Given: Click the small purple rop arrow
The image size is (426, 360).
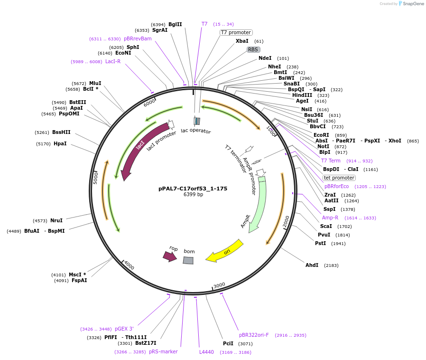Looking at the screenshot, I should tap(169, 256).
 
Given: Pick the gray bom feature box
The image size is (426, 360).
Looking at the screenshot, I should tap(188, 260).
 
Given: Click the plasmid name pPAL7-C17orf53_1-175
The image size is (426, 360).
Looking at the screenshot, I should tap(193, 189).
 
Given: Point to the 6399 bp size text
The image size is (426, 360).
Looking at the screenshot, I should tap(193, 195).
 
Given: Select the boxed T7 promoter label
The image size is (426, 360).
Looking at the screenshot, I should tap(236, 32).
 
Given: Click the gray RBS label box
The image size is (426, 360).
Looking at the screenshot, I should tap(253, 49).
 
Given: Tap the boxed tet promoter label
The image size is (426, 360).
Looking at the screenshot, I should tap(339, 178).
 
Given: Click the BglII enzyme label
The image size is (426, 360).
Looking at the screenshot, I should tap(175, 24).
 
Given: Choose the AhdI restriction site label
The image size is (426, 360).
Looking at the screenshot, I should tap(312, 265).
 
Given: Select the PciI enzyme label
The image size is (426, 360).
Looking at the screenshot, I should tap(228, 343).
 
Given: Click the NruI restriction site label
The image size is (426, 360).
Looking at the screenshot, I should tap(56, 220).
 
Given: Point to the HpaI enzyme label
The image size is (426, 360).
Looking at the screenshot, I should tap(60, 143).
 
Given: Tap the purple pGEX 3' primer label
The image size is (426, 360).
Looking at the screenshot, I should tap(124, 329).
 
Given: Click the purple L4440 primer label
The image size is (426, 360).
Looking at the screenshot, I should tap(207, 352).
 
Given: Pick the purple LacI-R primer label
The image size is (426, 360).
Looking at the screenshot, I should tap(113, 61).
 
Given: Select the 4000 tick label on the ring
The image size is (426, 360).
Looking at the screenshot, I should tap(129, 266).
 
